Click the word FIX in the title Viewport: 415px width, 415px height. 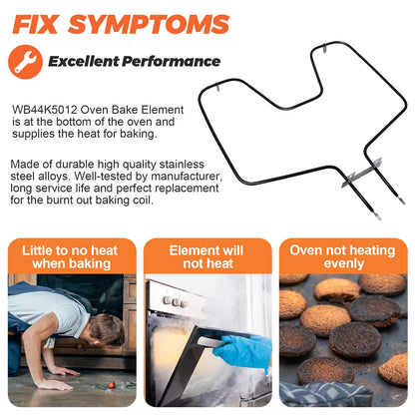[35, 24]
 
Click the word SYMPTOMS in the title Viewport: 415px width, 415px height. [149, 24]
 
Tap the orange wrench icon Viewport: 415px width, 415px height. [25, 62]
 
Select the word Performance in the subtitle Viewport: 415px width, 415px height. [171, 62]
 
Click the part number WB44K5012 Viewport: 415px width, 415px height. [45, 110]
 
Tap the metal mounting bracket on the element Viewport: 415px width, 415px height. [361, 173]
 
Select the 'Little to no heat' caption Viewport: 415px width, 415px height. [70, 250]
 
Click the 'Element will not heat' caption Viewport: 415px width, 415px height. [207, 257]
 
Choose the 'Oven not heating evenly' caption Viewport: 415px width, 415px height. [342, 257]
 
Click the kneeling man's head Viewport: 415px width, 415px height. [107, 330]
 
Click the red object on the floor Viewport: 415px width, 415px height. [112, 385]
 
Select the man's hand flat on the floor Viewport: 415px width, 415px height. [55, 385]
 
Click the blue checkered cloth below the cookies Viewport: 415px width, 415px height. [326, 394]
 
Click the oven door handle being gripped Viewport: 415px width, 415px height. [213, 342]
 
